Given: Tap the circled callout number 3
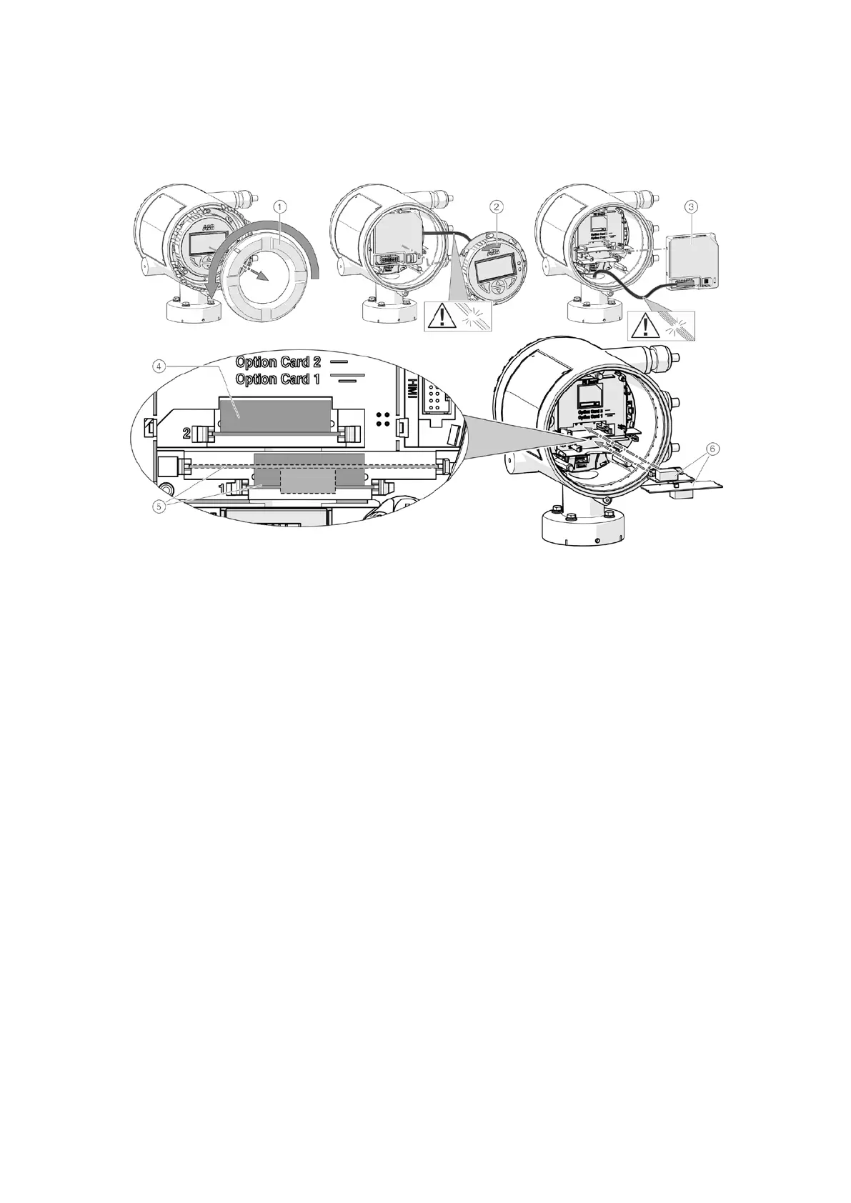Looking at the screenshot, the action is tap(690, 206).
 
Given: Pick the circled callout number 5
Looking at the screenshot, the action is tap(160, 505).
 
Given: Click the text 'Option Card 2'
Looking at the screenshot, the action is tap(278, 362).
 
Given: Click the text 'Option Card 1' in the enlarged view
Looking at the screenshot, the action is tap(278, 379).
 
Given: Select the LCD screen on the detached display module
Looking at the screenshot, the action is tap(497, 270).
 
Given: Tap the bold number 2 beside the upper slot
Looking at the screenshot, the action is tap(187, 434).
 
